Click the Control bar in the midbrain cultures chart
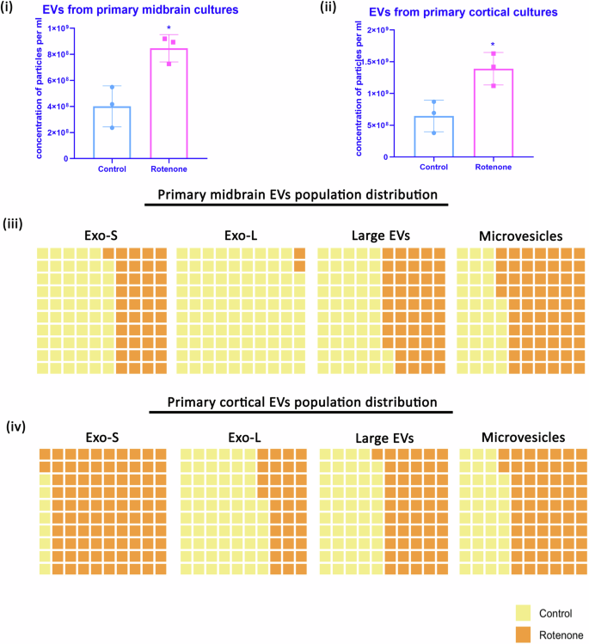coord(112,132)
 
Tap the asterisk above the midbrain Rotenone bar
coord(169,28)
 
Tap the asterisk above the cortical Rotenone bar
coord(493,45)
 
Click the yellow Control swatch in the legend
coord(523,612)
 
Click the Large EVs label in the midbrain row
coord(381,233)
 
